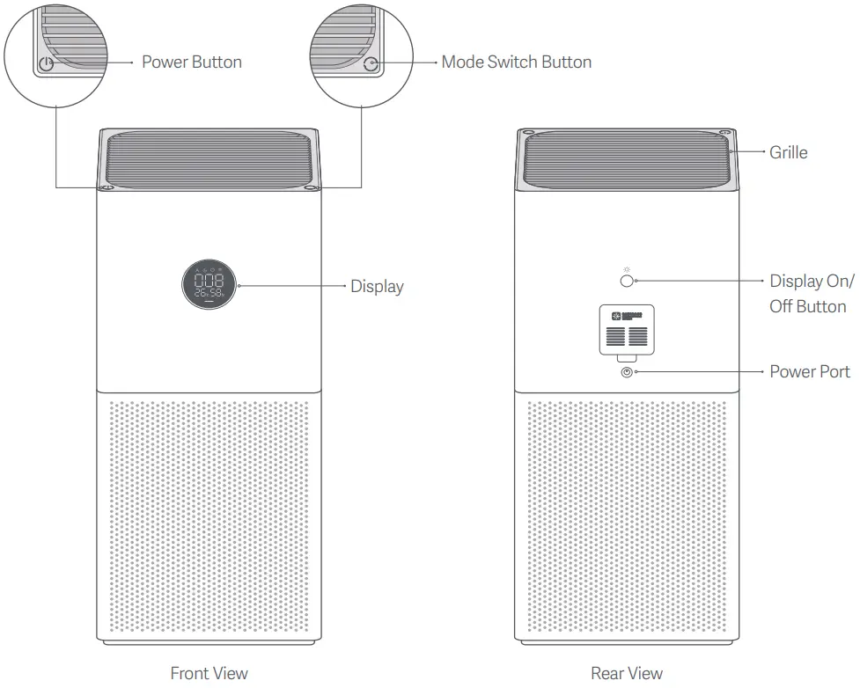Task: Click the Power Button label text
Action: tap(191, 62)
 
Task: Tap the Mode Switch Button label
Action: tap(516, 62)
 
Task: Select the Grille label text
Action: tap(788, 152)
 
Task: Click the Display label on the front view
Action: tap(377, 286)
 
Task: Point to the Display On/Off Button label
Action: tap(811, 294)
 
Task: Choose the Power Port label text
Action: tap(810, 371)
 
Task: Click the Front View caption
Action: tap(209, 673)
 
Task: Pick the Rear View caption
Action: tap(627, 673)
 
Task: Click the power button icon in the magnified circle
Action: tap(46, 64)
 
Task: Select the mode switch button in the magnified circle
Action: tap(371, 64)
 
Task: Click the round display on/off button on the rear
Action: tap(627, 281)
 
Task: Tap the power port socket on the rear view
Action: tap(627, 372)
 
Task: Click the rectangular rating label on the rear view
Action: tap(627, 329)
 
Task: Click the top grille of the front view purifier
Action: tap(209, 158)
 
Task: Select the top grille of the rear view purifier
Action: tap(627, 158)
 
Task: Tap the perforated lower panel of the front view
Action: tap(209, 519)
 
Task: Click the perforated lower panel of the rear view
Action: tap(627, 519)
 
